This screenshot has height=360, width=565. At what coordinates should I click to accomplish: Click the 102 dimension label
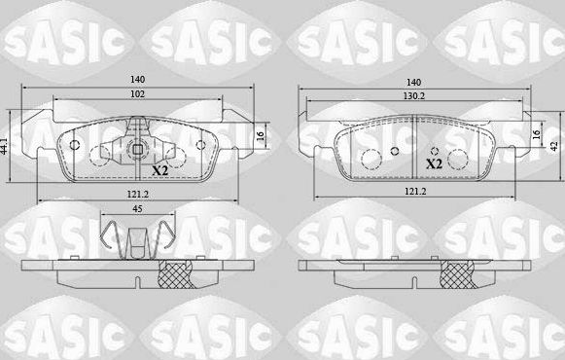click(138, 95)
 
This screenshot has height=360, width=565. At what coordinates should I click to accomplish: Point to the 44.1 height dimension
click(6, 147)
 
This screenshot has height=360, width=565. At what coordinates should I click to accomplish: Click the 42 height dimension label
click(555, 145)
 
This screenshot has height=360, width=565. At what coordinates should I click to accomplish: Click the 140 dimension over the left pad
click(138, 83)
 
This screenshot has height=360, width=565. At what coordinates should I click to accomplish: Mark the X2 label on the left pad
click(161, 169)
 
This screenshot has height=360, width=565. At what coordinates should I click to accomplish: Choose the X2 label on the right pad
click(435, 165)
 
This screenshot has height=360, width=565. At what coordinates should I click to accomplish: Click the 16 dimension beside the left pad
click(260, 137)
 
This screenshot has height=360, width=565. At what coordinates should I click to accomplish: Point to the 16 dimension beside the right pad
click(537, 137)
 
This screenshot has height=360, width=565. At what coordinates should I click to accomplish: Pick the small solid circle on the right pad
click(394, 151)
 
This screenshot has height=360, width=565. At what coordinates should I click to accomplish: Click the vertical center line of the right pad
click(415, 146)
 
